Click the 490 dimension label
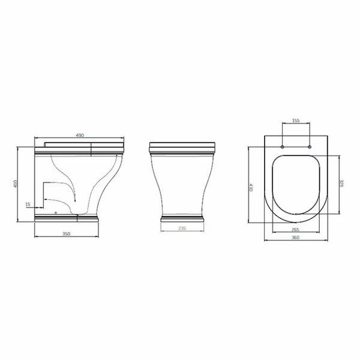click(x=80, y=135)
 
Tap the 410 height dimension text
click(x=16, y=184)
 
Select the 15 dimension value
click(x=28, y=204)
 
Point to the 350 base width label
click(x=67, y=234)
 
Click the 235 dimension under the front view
click(x=182, y=228)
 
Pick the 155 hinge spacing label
click(x=296, y=121)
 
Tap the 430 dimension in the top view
click(x=251, y=187)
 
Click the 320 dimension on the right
click(x=342, y=183)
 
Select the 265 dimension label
click(x=295, y=229)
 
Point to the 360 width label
click(x=295, y=237)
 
